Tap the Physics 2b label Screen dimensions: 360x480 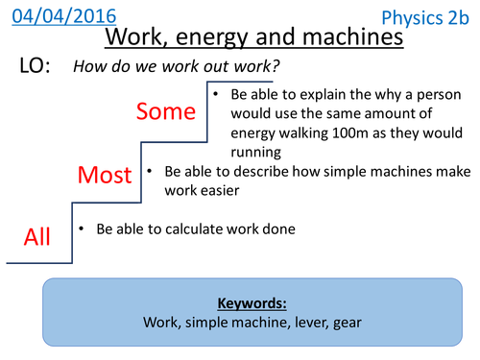424,17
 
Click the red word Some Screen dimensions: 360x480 165,111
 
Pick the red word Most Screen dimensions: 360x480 105,175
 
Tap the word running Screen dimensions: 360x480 254,152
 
